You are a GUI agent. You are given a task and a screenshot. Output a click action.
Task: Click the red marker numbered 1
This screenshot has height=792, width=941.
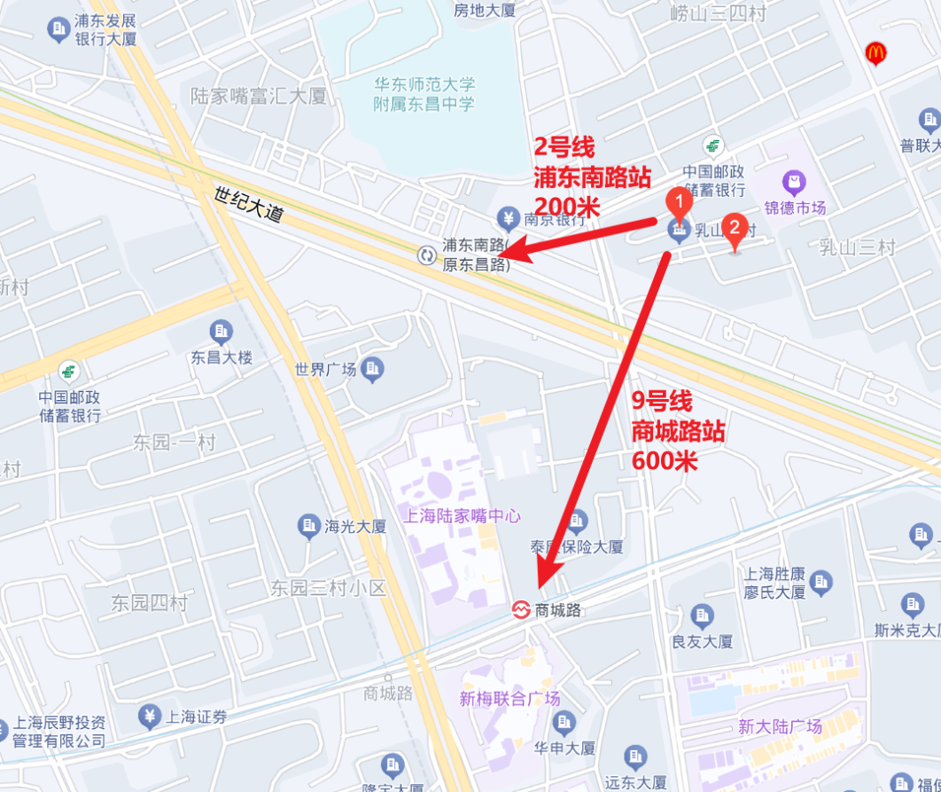(x=679, y=202)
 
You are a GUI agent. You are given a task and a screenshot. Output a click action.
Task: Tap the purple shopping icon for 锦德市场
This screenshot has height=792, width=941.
(x=794, y=184)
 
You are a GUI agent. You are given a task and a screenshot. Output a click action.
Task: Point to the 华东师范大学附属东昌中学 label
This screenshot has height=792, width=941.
(x=424, y=94)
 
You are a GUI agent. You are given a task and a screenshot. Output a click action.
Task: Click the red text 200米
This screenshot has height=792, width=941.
(x=567, y=207)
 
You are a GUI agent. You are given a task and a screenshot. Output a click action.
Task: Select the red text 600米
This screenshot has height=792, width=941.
(x=665, y=460)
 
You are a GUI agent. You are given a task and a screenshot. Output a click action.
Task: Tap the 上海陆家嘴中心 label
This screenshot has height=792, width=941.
(x=462, y=515)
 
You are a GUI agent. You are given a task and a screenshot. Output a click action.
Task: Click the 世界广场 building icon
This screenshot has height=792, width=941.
(x=372, y=367)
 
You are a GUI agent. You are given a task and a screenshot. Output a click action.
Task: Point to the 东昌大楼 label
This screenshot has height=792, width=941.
(x=222, y=357)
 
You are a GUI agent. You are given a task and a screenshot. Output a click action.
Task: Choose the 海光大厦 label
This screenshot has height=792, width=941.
(x=355, y=526)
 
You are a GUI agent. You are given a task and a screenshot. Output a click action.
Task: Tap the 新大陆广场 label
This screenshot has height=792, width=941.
(x=780, y=726)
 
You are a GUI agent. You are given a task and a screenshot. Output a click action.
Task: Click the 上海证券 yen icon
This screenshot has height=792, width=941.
(x=149, y=717)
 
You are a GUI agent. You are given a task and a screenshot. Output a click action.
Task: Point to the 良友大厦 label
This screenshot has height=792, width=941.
(x=702, y=641)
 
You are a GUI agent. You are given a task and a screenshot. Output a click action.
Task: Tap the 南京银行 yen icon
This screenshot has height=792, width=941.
(x=508, y=217)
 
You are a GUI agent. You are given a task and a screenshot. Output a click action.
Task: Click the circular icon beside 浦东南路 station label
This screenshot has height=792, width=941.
(x=427, y=255)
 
